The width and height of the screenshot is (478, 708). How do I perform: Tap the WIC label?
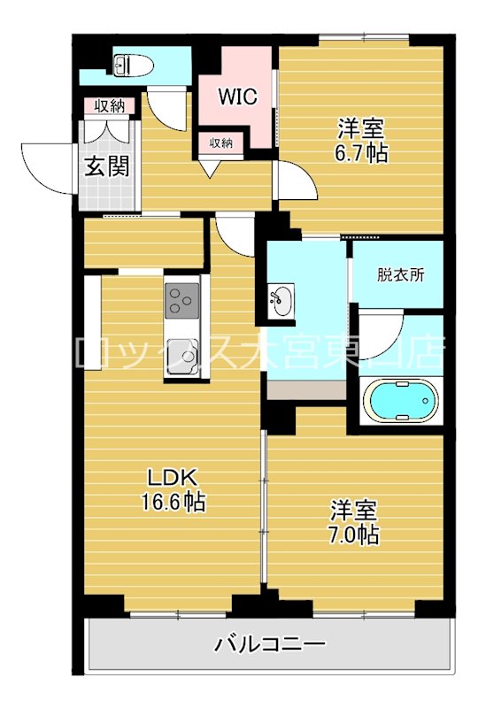click(238, 96)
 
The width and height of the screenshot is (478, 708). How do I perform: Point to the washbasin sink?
click(281, 301)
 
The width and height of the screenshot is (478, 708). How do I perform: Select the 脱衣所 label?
click(400, 274)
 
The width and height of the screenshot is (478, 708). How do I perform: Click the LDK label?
click(173, 475)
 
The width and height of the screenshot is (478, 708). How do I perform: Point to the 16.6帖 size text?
click(173, 503)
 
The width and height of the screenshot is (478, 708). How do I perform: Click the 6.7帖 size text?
click(360, 152)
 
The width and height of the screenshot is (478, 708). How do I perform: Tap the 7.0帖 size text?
click(354, 535)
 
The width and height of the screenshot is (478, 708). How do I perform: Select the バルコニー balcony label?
click(271, 643)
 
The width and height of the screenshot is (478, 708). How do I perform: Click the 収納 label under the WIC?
click(221, 142)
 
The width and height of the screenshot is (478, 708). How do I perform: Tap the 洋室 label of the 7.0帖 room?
click(354, 510)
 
